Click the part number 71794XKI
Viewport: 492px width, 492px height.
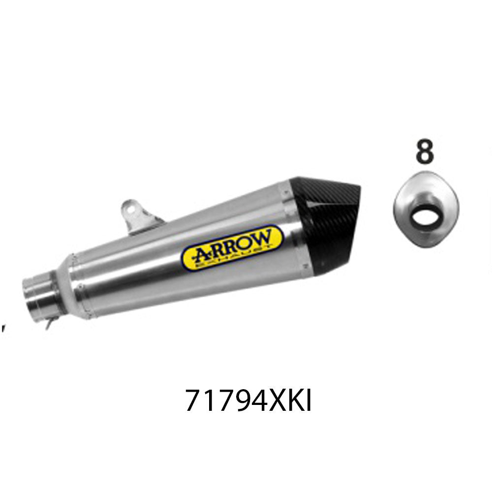(248, 401)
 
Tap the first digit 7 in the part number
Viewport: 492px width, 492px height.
(194, 401)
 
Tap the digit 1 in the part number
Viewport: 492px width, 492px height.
(210, 401)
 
